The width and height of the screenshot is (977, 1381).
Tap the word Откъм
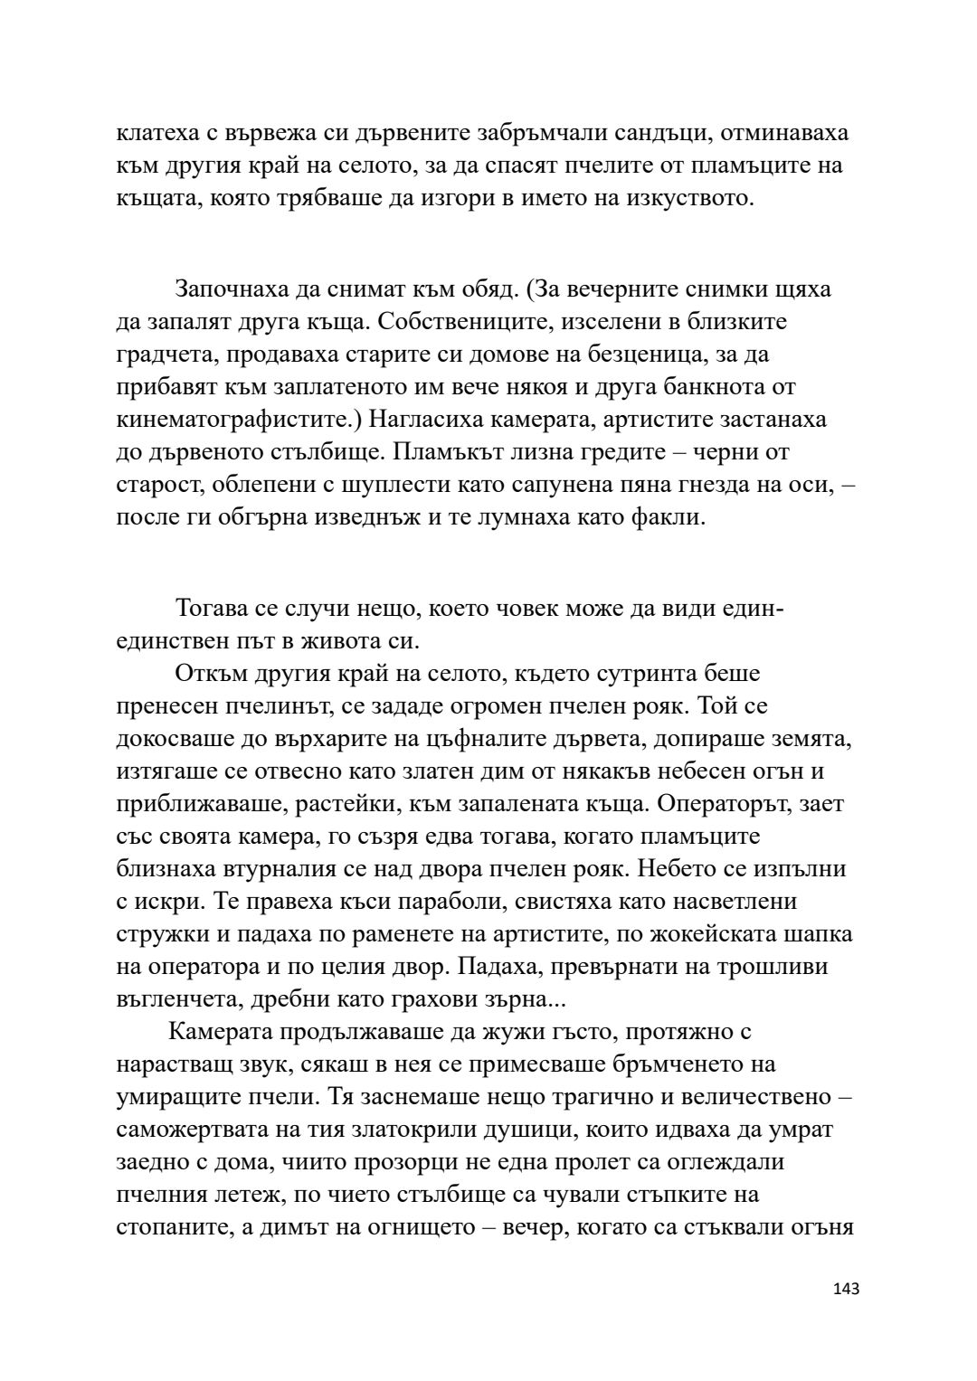coord(209,674)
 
